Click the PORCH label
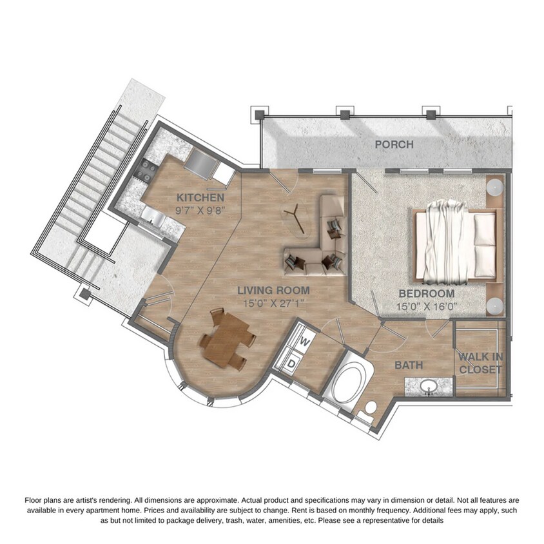click(394, 144)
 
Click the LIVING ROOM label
click(272, 290)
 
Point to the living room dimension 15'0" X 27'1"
click(272, 302)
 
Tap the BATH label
click(409, 365)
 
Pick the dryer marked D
click(291, 362)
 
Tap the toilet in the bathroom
click(369, 409)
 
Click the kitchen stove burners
click(148, 170)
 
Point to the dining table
click(226, 339)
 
